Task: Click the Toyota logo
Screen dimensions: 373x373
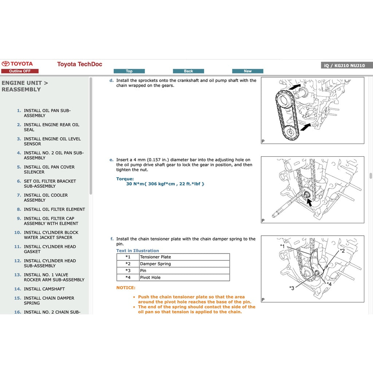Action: coord(17,64)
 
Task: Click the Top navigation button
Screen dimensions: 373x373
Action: coord(129,71)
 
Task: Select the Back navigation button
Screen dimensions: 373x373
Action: coord(188,71)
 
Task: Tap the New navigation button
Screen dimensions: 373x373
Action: coord(248,71)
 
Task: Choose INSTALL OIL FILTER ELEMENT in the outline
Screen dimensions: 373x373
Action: coord(54,209)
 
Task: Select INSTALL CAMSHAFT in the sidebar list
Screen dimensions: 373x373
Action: coord(44,289)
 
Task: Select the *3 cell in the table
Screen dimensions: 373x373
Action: coord(128,271)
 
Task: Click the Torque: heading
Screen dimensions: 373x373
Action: coord(125,179)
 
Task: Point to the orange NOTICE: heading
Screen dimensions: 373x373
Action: coord(126,288)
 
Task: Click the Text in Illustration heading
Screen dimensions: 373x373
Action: coord(138,251)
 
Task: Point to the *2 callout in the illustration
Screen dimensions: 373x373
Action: coord(342,251)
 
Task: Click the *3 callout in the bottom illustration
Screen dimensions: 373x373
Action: coord(291,288)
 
